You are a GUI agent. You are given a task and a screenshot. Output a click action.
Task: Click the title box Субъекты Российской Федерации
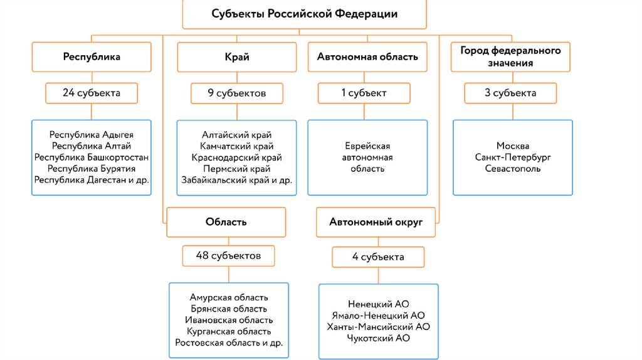[304, 14]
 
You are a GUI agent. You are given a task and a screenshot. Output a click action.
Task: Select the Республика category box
[92, 56]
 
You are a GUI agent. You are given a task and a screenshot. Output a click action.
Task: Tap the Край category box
[237, 57]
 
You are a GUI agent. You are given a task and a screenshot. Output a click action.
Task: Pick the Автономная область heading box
[367, 57]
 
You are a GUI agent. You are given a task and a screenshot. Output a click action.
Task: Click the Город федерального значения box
[510, 56]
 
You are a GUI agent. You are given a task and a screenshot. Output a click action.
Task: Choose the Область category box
[226, 221]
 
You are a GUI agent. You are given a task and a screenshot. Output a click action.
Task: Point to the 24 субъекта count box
[92, 93]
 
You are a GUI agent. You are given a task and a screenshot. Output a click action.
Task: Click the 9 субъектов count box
[237, 93]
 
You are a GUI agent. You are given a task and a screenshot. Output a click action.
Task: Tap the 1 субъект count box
[364, 93]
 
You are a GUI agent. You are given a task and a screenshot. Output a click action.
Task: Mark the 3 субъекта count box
[510, 93]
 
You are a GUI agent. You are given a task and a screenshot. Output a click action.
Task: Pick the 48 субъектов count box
[229, 255]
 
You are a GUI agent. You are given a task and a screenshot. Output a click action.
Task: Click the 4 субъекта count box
[378, 257]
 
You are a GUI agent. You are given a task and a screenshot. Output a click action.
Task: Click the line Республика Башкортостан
[92, 157]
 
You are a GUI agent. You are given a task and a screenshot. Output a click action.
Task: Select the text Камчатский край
[237, 146]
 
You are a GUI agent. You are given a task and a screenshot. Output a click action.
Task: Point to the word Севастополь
[513, 169]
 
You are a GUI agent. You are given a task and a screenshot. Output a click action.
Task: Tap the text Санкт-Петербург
[513, 157]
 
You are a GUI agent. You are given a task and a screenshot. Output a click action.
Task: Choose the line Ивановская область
[229, 320]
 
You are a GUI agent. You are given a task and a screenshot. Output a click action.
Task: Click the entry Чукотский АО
[378, 338]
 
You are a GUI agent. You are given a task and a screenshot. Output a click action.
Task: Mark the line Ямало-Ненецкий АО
[378, 315]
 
